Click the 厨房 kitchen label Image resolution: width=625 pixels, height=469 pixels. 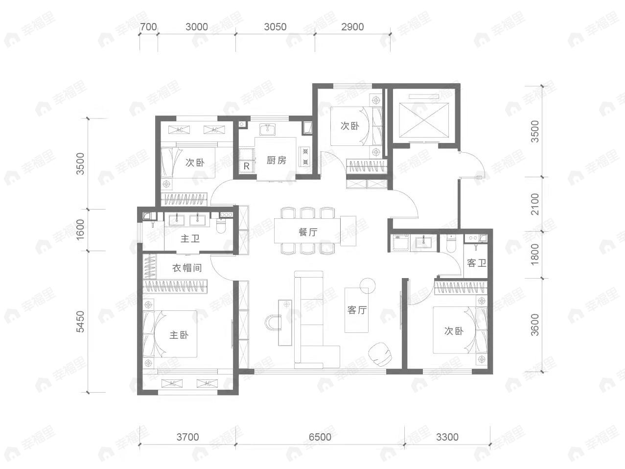click(276, 160)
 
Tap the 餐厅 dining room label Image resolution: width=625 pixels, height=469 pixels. click(308, 232)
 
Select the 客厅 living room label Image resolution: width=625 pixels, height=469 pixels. click(357, 310)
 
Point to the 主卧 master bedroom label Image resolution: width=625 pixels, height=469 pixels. click(179, 335)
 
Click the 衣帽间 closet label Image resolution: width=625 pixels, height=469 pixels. click(187, 268)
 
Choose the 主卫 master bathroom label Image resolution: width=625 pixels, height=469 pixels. click(190, 238)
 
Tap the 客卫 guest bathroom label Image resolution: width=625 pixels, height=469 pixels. click(476, 263)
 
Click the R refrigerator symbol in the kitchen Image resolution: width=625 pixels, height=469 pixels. click(247, 166)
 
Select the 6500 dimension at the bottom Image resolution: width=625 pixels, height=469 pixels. click(320, 437)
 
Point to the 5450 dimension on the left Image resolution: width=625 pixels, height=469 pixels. click(81, 322)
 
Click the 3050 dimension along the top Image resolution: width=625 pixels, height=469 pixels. click(275, 27)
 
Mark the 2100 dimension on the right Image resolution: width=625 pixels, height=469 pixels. click(535, 204)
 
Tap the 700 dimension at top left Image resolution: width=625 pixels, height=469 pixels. click(148, 27)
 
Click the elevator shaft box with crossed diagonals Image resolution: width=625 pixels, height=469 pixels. click(424, 120)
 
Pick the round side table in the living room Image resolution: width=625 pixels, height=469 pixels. click(368, 286)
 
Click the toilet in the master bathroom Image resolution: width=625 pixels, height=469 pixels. click(221, 226)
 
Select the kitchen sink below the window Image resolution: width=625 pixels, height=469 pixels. click(267, 130)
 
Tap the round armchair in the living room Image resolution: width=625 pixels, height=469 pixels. click(380, 353)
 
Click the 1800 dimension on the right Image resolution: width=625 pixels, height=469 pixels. click(535, 255)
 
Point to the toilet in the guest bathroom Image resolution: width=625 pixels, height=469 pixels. click(451, 244)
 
